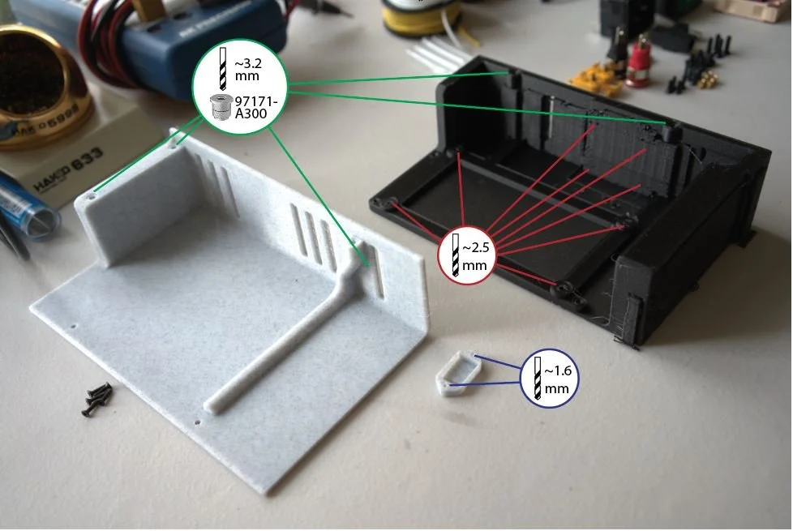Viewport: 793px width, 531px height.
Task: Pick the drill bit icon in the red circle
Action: pos(455,255)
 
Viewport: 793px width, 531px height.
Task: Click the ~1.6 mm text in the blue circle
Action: pos(558,379)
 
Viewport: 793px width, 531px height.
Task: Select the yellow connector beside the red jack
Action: pos(594,76)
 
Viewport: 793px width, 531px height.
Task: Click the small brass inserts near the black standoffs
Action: pos(708,79)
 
